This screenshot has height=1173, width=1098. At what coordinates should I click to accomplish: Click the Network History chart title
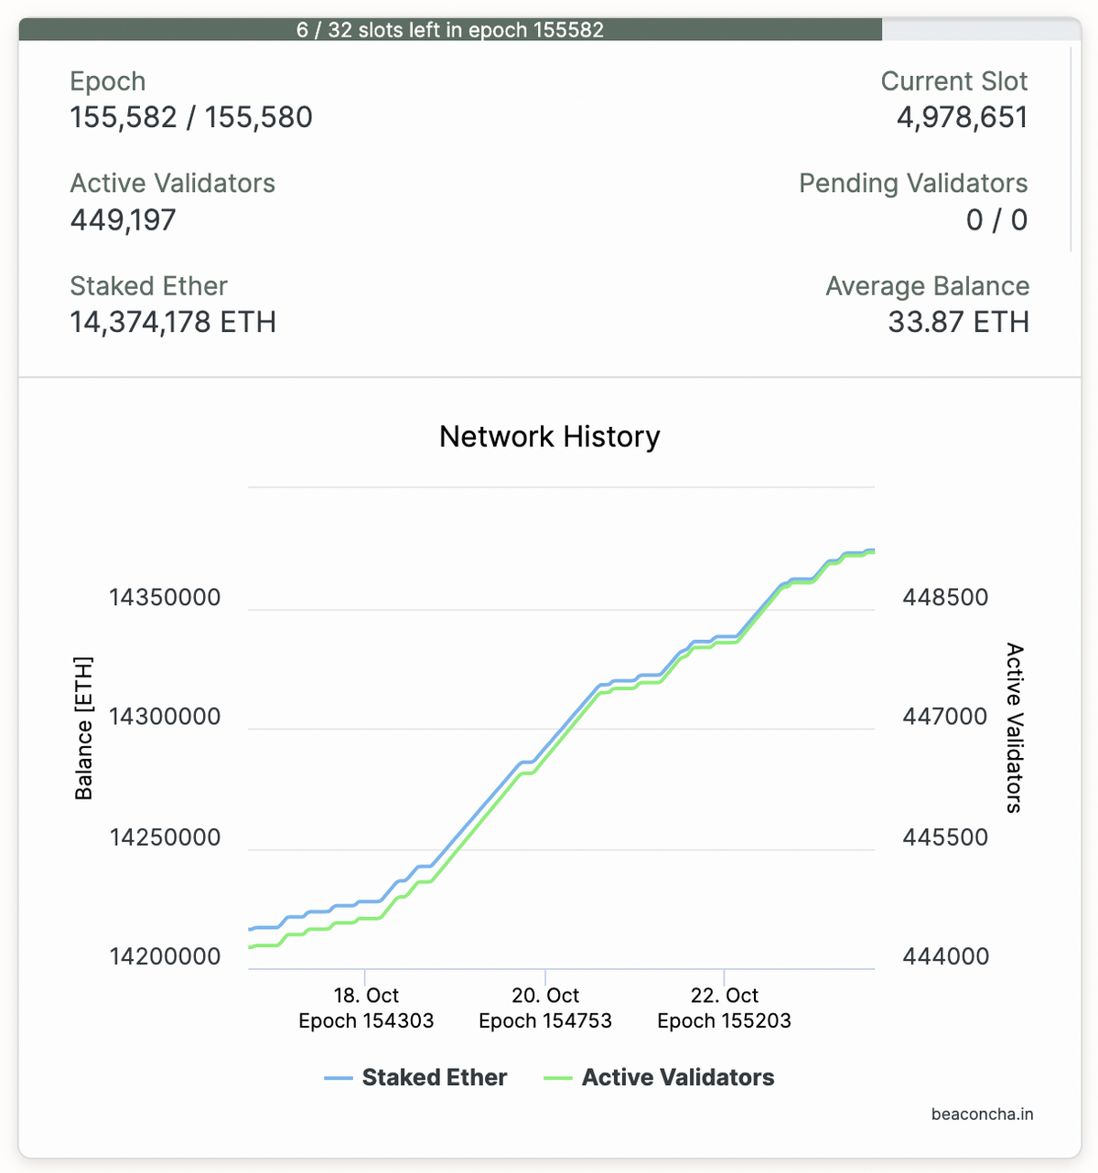click(549, 437)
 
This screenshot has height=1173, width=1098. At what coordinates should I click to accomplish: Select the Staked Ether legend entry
click(434, 1078)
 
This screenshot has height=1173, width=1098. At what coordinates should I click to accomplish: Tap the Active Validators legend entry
click(677, 1078)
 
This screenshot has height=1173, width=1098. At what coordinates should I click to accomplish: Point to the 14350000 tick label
click(165, 598)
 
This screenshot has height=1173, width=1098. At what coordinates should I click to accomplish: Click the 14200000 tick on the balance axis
click(165, 957)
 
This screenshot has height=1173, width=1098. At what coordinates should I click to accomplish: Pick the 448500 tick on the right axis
click(945, 598)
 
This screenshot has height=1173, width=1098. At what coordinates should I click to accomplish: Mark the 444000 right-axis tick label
click(945, 957)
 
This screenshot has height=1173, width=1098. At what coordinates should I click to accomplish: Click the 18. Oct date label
click(366, 996)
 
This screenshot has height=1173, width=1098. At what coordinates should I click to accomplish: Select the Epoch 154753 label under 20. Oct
click(545, 1021)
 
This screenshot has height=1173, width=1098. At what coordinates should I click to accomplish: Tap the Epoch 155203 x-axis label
click(724, 1021)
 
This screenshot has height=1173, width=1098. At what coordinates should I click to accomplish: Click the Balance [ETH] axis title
click(84, 729)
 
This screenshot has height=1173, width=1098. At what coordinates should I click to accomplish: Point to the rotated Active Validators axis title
click(1015, 729)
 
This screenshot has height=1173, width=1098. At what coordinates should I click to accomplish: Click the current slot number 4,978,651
click(962, 118)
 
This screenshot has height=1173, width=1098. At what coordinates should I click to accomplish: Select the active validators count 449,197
click(123, 220)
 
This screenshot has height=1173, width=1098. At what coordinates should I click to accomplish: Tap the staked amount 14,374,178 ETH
click(173, 323)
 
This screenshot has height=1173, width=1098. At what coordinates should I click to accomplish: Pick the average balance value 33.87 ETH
click(958, 323)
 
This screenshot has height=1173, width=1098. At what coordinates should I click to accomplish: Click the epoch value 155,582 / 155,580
click(191, 118)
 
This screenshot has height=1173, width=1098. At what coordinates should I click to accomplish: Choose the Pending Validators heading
click(913, 184)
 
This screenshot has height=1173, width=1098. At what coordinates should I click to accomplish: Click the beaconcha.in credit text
click(982, 1114)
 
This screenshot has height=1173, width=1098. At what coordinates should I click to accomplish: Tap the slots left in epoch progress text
click(450, 30)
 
